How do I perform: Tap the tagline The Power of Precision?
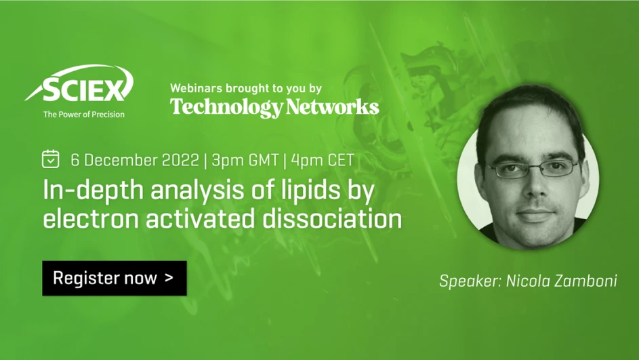83,115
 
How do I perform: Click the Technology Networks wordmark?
274,106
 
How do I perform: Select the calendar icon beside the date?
51,159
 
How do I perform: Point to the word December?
123,161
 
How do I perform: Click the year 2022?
182,161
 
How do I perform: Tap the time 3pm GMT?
245,161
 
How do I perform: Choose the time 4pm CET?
322,161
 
